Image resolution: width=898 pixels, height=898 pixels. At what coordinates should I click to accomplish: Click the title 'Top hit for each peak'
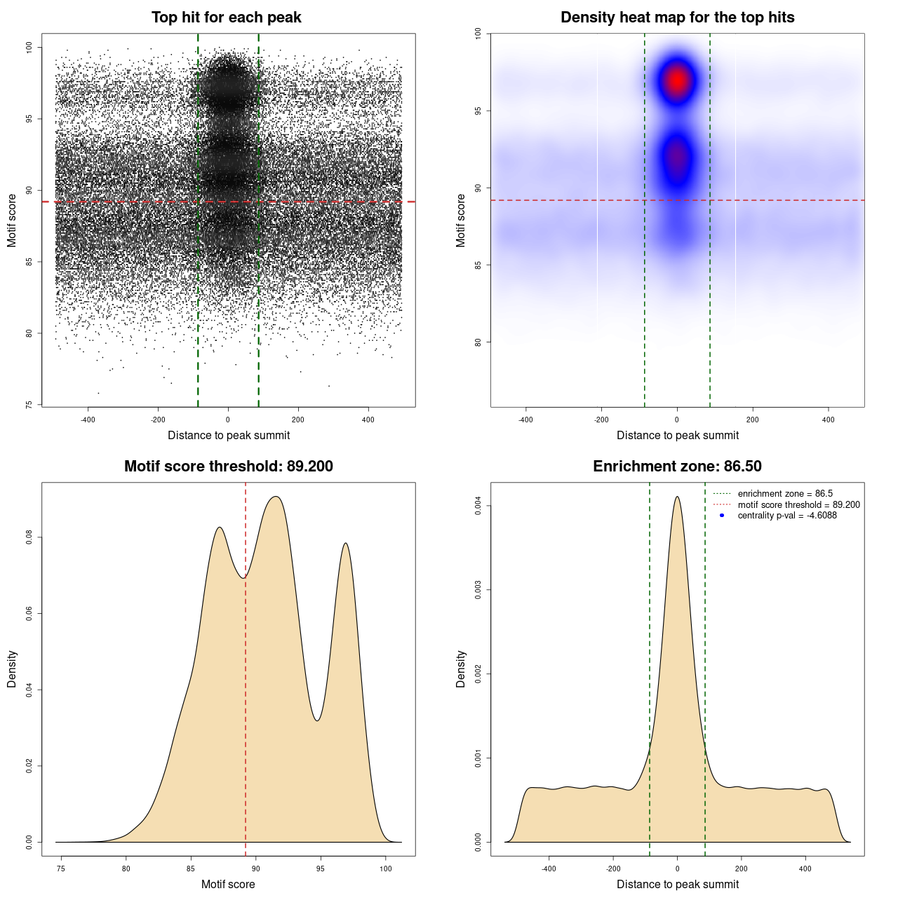click(226, 18)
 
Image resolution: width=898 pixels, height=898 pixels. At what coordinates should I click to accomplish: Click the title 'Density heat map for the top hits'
click(677, 18)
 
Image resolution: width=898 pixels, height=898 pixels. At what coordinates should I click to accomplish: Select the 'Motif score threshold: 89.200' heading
click(228, 467)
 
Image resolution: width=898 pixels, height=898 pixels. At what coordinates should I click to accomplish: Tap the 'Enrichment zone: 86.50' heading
click(677, 467)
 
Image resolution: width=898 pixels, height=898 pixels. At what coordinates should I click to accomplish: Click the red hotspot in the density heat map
click(677, 80)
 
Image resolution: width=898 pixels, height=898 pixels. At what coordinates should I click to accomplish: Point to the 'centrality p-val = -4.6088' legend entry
click(786, 516)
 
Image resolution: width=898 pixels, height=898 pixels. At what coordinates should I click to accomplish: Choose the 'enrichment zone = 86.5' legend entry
click(784, 494)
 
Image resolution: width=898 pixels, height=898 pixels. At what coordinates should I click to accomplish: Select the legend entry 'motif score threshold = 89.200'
click(798, 505)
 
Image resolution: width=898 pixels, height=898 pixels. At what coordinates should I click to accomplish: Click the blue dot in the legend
click(722, 516)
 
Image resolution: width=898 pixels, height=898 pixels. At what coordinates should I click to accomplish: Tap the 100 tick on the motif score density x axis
click(386, 869)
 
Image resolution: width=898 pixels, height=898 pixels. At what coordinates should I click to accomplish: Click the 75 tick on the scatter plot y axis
click(29, 405)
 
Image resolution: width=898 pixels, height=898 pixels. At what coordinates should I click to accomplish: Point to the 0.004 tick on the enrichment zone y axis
click(478, 506)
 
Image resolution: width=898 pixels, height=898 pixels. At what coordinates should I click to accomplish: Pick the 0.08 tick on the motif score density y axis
click(29, 537)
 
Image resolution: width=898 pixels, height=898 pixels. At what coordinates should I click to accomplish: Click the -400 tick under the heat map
click(525, 420)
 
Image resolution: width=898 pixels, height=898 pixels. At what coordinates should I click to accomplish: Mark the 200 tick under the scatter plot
click(298, 420)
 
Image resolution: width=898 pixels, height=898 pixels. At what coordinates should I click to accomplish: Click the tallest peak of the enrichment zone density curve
click(677, 497)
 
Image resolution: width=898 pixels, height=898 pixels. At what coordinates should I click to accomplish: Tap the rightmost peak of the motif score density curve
click(345, 544)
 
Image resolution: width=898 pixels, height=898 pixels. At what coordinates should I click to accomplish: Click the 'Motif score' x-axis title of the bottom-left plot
click(228, 884)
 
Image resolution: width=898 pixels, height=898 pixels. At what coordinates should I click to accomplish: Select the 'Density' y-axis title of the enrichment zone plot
click(461, 669)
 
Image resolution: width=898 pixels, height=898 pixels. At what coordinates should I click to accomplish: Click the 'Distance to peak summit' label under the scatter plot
click(229, 435)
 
